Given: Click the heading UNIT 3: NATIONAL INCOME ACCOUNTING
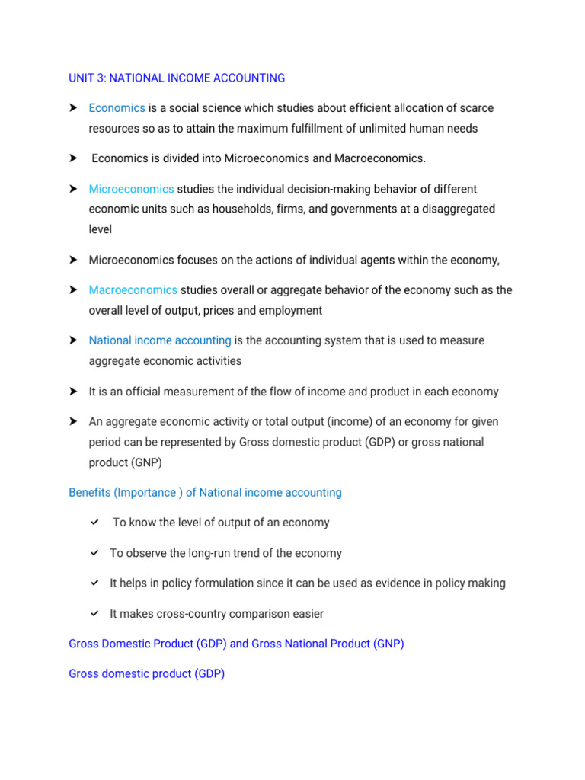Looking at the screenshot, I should point(177,78).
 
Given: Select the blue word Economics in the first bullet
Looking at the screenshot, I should point(117,108).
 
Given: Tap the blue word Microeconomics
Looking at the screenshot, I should point(131,189).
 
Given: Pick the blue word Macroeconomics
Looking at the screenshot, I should point(133,290).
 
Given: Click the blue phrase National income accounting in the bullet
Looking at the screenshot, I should point(160,340).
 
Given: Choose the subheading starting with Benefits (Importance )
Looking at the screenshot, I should point(205,493).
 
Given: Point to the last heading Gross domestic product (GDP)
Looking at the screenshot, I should point(146,674).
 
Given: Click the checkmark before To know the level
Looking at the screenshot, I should point(94,523).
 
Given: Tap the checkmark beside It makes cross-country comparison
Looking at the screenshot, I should point(94,614).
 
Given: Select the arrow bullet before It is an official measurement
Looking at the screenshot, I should point(74,392).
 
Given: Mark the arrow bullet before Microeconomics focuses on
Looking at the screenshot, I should point(74,260).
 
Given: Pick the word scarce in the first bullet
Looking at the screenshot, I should point(476,108).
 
